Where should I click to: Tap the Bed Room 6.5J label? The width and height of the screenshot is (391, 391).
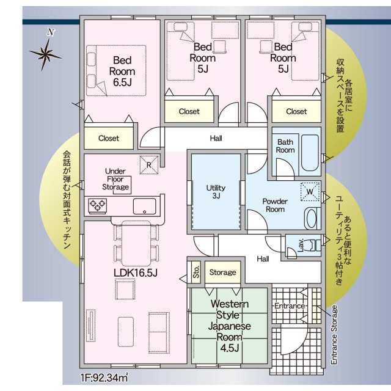[122, 71]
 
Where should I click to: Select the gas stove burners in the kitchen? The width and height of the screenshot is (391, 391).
[98, 206]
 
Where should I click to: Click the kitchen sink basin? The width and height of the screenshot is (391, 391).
[144, 206]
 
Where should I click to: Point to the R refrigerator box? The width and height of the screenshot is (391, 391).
[149, 165]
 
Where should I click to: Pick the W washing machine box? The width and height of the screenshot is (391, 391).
[310, 191]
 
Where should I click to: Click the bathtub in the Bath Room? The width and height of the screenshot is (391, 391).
[310, 153]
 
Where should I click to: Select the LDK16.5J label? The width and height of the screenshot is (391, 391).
[136, 273]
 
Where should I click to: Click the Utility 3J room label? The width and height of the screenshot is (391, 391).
[216, 191]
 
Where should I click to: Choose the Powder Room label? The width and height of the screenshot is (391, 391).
[275, 205]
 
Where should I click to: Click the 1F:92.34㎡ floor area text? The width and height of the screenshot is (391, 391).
[104, 378]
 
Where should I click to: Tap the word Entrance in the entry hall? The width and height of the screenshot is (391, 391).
[290, 305]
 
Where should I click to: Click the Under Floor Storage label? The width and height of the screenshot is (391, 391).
[115, 179]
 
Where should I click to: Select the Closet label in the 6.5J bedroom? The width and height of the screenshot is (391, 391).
[109, 138]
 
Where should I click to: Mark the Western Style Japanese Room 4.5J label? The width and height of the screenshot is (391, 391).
[230, 326]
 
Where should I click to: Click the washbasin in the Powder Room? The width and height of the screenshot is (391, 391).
[312, 219]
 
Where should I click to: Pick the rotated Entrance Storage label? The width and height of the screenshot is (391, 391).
[334, 335]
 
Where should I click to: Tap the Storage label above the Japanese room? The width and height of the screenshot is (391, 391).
[222, 272]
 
